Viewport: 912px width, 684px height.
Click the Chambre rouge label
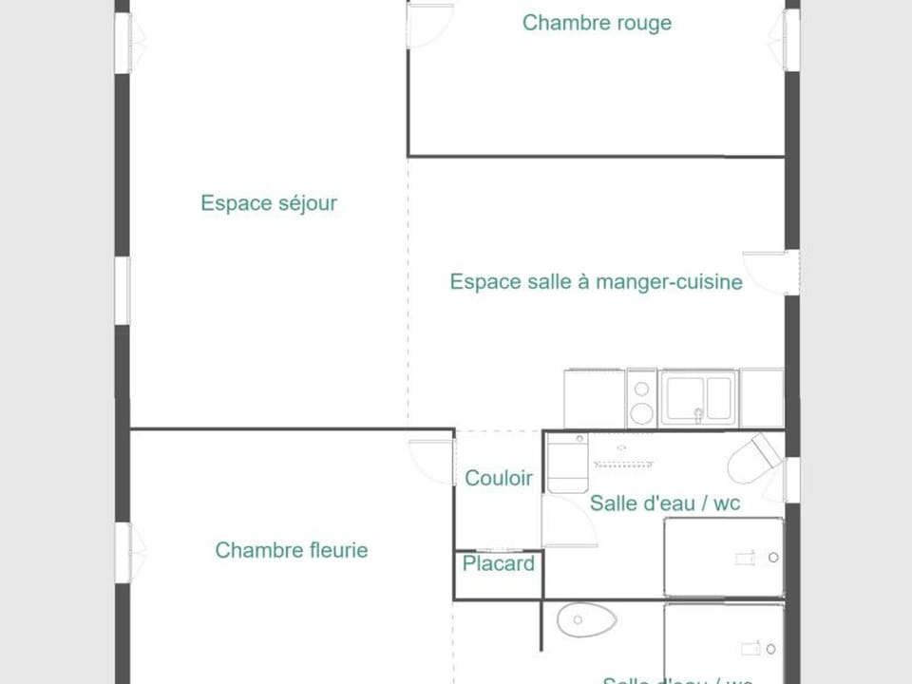point(597,23)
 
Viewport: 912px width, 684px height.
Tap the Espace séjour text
point(269,202)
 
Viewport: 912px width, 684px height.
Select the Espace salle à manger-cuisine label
point(596,282)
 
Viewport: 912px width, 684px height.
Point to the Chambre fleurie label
point(291,550)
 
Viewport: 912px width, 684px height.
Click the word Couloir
point(499,479)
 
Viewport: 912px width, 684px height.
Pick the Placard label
point(499,564)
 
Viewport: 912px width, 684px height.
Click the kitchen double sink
point(698,397)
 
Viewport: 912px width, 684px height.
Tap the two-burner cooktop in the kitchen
point(642,399)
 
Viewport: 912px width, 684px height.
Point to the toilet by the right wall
point(753,459)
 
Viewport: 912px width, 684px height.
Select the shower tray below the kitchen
point(723,557)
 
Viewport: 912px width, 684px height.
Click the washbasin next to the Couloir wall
point(567,463)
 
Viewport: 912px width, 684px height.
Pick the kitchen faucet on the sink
point(698,412)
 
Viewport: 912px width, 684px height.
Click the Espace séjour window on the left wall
point(123,290)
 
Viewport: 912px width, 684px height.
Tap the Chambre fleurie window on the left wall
point(123,551)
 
